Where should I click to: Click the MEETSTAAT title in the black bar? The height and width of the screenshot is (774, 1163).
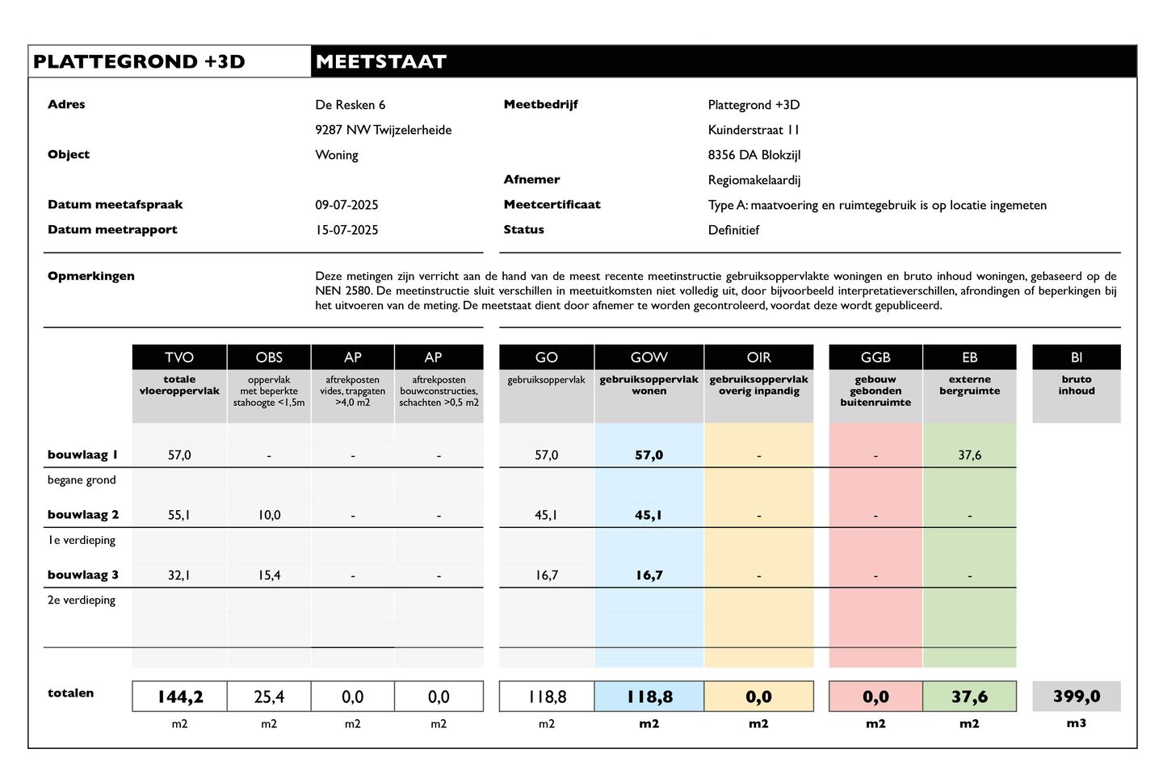[x=380, y=62]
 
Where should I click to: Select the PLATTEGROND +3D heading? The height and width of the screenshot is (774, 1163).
[x=139, y=62]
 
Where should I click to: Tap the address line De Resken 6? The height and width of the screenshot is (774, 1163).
[x=350, y=105]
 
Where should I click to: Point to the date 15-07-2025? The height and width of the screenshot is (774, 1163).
[x=346, y=230]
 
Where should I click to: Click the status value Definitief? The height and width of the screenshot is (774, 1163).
[x=733, y=230]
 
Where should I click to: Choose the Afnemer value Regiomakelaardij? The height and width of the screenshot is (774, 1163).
[x=754, y=180]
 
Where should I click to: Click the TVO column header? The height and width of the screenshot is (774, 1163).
[x=179, y=357]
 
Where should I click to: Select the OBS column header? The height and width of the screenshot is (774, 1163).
[x=269, y=357]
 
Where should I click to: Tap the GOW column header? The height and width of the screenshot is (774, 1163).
[x=649, y=357]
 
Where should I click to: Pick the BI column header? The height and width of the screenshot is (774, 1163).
[x=1076, y=357]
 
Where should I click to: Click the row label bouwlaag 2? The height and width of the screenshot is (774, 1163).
[x=82, y=515]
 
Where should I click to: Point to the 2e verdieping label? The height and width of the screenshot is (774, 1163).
[x=82, y=600]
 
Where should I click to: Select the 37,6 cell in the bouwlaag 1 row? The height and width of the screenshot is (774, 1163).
[x=969, y=455]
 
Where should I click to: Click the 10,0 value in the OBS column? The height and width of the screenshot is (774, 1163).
[x=269, y=515]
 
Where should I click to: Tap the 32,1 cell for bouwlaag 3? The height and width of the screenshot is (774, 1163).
[x=179, y=575]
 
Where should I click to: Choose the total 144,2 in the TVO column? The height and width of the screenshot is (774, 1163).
[x=179, y=697]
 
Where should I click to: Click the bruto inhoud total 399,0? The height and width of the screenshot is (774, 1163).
[x=1076, y=696]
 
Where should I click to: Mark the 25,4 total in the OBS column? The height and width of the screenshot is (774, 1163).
[x=269, y=697]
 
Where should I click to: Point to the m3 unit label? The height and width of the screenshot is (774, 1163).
[x=1076, y=723]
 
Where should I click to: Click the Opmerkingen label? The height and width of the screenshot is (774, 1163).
[x=91, y=276]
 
